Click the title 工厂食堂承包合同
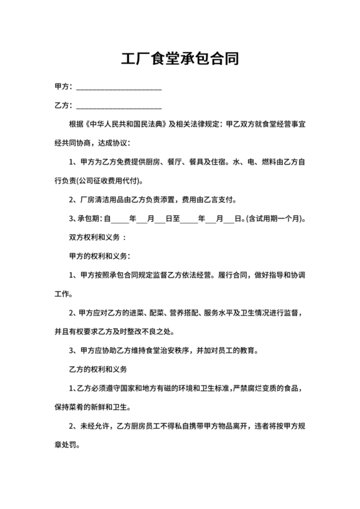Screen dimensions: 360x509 click(180, 60)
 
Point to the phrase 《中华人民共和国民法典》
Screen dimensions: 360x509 click(122, 123)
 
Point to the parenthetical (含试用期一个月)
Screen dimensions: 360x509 click(276, 218)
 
